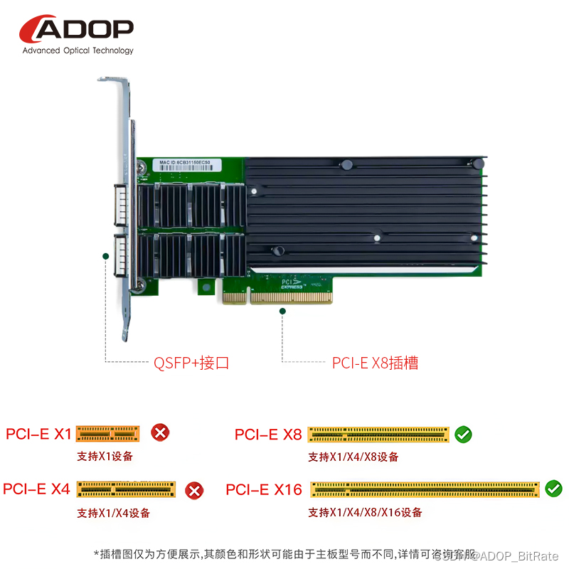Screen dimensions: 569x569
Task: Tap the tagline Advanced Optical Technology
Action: coord(78,50)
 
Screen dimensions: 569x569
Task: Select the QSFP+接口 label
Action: coord(191,363)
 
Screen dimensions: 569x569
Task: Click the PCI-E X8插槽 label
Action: coord(375,363)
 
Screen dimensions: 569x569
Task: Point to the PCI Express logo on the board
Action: coord(292,283)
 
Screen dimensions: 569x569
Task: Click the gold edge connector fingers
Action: coord(277,298)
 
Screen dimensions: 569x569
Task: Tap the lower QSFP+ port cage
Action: coord(122,257)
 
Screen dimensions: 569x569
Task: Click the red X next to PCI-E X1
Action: coord(161,432)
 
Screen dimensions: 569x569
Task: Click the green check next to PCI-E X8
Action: coord(464,434)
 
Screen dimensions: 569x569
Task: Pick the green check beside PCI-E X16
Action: coord(553,489)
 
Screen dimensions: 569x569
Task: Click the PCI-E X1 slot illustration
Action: coord(107,433)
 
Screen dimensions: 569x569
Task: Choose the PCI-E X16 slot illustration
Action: coord(424,489)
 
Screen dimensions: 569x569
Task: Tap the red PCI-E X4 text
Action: coord(37,489)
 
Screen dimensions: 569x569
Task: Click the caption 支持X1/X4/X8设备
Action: coord(353,457)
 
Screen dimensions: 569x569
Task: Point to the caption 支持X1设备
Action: coord(105,457)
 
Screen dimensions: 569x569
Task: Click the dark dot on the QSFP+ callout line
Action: coord(105,255)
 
